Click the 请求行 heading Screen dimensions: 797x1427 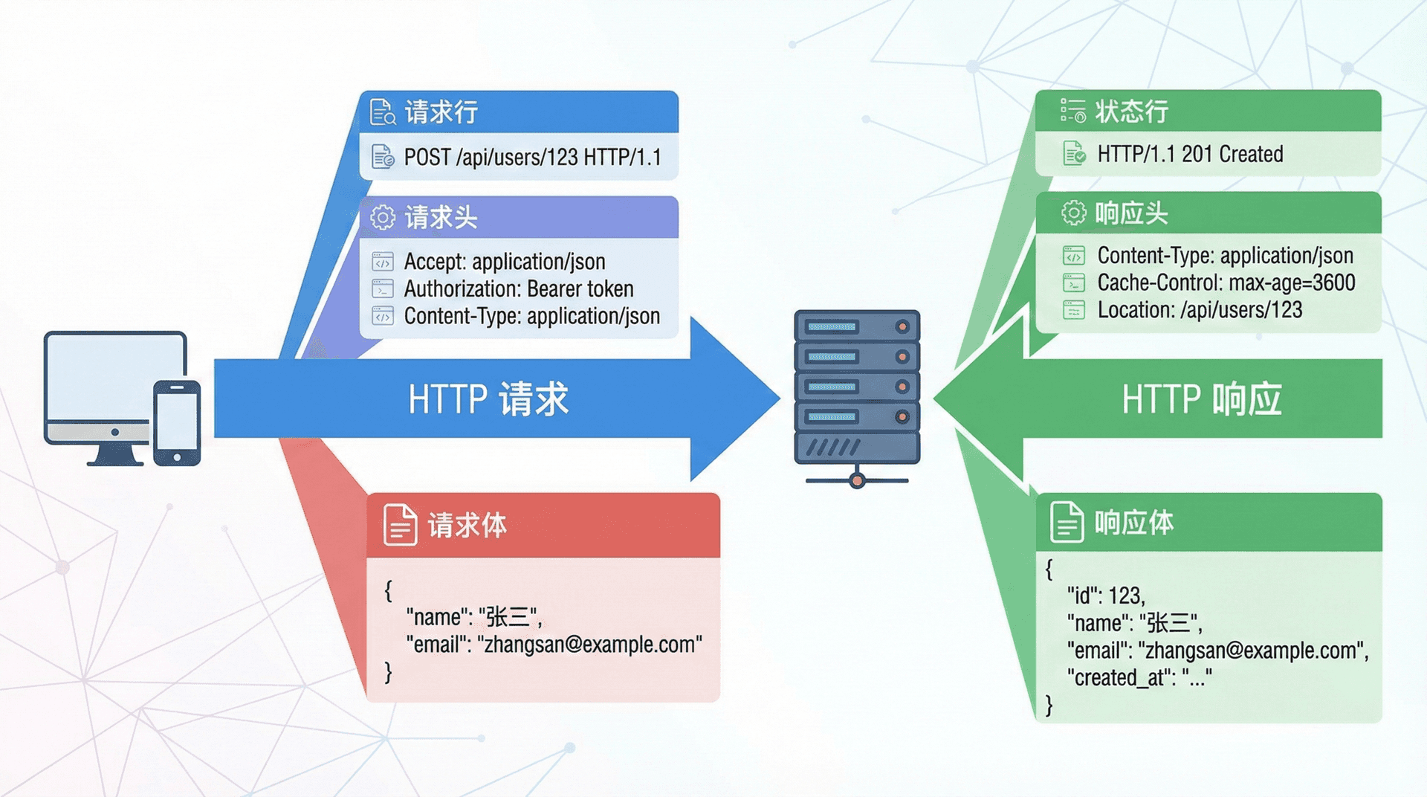pos(441,112)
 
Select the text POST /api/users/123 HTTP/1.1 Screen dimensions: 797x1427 pos(532,158)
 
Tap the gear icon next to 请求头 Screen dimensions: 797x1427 pos(383,218)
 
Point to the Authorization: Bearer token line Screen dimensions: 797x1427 pos(518,288)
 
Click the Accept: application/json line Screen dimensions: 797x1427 pos(504,262)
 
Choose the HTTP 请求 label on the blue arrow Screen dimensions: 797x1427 pos(488,399)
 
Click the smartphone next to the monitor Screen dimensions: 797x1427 pos(177,423)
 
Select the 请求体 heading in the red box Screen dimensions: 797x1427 pos(467,526)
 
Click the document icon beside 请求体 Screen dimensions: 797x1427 pos(400,525)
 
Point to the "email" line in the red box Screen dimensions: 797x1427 pos(554,645)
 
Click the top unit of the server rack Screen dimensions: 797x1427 pos(856,326)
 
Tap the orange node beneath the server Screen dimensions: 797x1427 pos(857,481)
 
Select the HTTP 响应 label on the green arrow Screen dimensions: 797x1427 pos(1201,399)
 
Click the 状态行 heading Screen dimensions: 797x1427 pos(1131,112)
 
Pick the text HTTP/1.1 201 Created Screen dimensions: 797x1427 pos(1190,154)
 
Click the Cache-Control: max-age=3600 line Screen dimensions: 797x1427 pos(1226,283)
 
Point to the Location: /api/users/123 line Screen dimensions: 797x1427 pos(1200,310)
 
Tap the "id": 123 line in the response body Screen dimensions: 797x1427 pos(1106,596)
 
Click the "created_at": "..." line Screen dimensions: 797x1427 pos(1139,677)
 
